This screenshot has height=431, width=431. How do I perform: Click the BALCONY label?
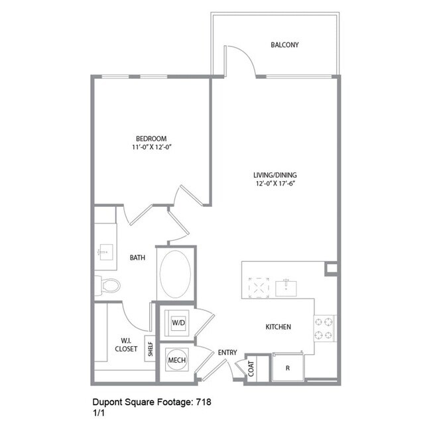284,45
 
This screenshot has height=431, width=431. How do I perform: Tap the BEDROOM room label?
146,139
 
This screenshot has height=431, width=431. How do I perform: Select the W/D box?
178,323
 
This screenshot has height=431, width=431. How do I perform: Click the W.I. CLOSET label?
126,343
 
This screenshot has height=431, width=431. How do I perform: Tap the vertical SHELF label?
150,350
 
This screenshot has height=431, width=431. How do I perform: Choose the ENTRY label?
227,352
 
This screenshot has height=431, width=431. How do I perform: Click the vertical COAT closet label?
253,369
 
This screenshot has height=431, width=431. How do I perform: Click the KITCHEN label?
278,327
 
